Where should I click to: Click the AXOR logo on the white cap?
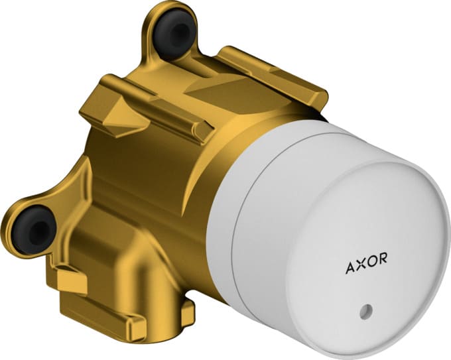click(x=366, y=269)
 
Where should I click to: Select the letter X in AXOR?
click(x=361, y=269)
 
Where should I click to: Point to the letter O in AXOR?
click(x=371, y=269)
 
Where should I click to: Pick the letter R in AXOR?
click(x=382, y=269)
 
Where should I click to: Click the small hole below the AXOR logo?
click(x=366, y=310)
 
